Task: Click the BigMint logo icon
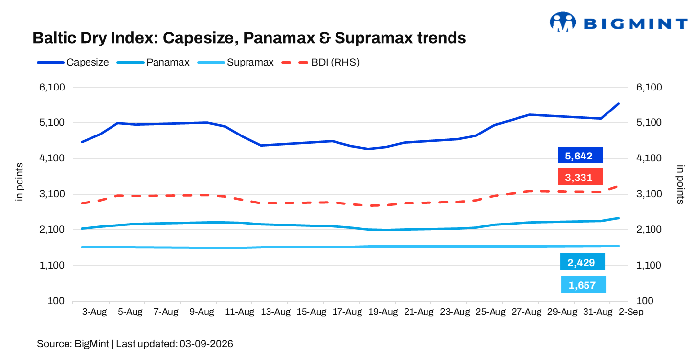pyautogui.click(x=562, y=22)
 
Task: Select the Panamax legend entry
pyautogui.click(x=153, y=62)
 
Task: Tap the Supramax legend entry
pyautogui.click(x=236, y=62)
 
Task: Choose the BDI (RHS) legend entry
pyautogui.click(x=320, y=62)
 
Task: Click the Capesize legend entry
pyautogui.click(x=73, y=62)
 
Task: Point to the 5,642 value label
pyautogui.click(x=580, y=155)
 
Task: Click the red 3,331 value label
pyautogui.click(x=580, y=177)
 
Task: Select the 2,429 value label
pyautogui.click(x=582, y=262)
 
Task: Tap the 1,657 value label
pyautogui.click(x=583, y=284)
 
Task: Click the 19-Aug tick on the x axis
pyautogui.click(x=383, y=312)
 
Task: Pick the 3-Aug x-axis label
pyautogui.click(x=94, y=312)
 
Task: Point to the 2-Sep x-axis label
pyautogui.click(x=630, y=312)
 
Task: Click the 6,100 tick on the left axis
pyautogui.click(x=52, y=87)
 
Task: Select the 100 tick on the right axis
pyautogui.click(x=645, y=301)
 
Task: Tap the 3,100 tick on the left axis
pyautogui.click(x=52, y=194)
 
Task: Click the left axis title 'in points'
pyautogui.click(x=19, y=182)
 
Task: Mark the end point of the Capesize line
pyautogui.click(x=619, y=104)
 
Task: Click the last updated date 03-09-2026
pyautogui.click(x=206, y=344)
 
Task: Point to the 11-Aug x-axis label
pyautogui.click(x=240, y=312)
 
